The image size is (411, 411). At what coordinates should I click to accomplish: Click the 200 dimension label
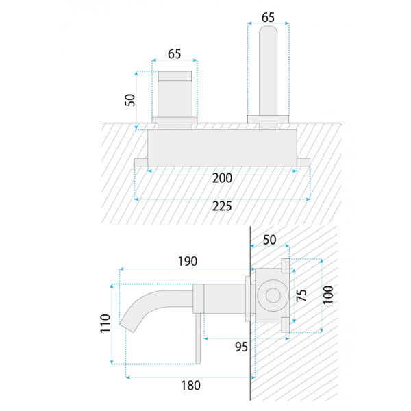tap(222, 178)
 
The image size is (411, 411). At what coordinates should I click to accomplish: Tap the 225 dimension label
tap(222, 206)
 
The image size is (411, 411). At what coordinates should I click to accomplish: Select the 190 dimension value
tap(188, 262)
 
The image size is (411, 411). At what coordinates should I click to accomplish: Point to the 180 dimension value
tap(191, 385)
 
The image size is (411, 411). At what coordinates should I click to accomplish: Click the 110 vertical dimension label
tap(105, 323)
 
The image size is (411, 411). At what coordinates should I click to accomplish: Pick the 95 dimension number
tap(241, 347)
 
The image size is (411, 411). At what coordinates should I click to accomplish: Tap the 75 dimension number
tap(301, 295)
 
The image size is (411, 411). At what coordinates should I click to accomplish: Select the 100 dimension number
tap(328, 295)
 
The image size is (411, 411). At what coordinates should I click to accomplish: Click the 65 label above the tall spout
tap(268, 17)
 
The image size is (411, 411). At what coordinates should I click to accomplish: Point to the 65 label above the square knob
tap(174, 54)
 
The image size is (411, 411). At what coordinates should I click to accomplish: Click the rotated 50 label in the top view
tap(130, 100)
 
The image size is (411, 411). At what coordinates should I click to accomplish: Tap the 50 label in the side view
tap(270, 240)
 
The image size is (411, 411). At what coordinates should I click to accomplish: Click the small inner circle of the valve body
tap(273, 295)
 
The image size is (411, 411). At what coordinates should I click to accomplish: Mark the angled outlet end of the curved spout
tap(127, 327)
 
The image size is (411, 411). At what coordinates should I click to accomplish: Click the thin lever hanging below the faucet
tap(198, 338)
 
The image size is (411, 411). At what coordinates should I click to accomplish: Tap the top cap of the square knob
tap(175, 76)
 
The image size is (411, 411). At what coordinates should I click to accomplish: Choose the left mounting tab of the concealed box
tap(141, 162)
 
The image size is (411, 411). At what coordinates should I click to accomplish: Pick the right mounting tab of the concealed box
tap(303, 162)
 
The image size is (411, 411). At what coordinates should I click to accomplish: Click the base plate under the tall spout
tap(268, 119)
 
